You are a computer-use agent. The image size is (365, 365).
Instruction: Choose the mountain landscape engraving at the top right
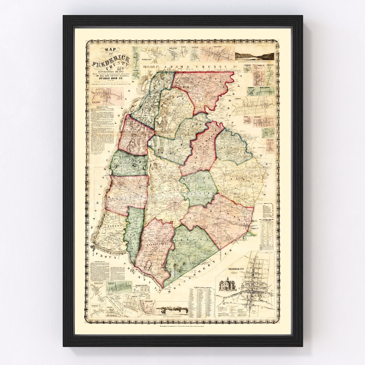tap(254, 56)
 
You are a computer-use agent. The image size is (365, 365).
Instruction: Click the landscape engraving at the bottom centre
tap(173, 309)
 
